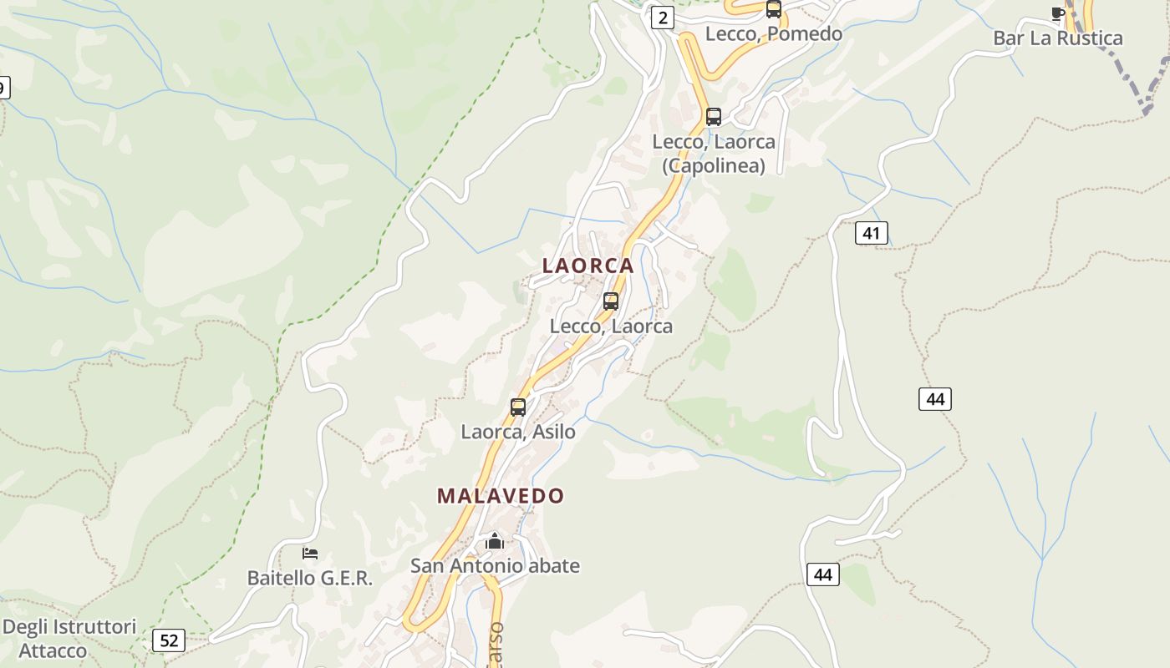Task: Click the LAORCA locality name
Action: click(588, 266)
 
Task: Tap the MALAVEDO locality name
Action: click(501, 496)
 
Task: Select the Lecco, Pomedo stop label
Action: click(774, 34)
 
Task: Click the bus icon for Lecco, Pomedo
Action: click(774, 9)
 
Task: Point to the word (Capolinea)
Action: click(714, 166)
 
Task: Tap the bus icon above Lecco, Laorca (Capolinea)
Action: click(713, 117)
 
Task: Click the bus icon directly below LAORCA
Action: click(611, 301)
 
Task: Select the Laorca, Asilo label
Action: click(518, 433)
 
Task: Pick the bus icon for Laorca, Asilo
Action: click(518, 407)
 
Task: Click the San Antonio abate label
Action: click(495, 566)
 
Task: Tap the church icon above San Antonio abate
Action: click(495, 542)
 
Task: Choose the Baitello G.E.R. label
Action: click(310, 578)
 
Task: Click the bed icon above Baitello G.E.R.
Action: click(310, 554)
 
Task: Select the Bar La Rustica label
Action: click(1058, 38)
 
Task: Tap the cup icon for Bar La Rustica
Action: click(1058, 13)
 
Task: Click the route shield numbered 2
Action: click(663, 18)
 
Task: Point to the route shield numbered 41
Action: click(871, 233)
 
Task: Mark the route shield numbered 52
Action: click(169, 640)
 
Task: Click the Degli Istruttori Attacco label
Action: click(69, 639)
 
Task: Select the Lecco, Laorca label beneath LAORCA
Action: click(611, 326)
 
